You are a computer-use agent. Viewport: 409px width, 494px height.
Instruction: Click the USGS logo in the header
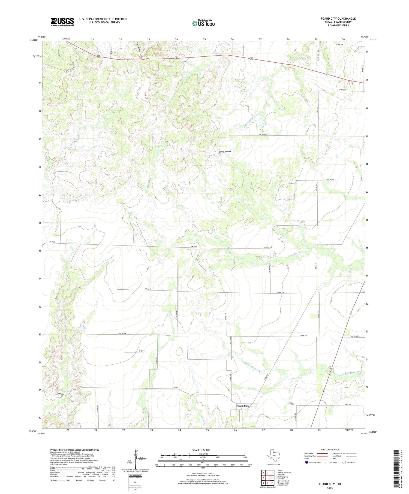(x=62, y=22)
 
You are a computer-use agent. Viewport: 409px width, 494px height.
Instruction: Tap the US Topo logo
(x=203, y=23)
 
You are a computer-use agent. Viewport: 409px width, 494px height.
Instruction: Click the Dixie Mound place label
(x=225, y=151)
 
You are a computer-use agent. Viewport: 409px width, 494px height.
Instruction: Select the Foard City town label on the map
(x=242, y=406)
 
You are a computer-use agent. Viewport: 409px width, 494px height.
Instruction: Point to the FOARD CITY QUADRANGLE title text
(x=338, y=19)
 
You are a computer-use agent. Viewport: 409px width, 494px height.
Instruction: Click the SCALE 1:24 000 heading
(x=203, y=450)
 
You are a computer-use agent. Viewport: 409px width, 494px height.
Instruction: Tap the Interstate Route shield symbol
(x=307, y=462)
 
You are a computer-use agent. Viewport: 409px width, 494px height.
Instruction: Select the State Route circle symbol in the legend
(x=344, y=462)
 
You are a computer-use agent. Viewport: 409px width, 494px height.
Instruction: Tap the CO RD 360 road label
(x=60, y=394)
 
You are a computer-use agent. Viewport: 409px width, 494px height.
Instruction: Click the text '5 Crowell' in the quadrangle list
(x=280, y=478)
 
